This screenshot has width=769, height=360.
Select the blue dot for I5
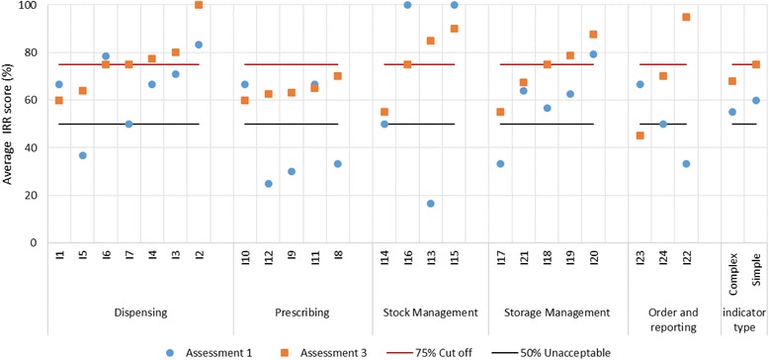coord(83,155)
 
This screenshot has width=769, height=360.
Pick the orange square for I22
coord(685,17)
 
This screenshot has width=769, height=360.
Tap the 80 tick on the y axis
coord(37,52)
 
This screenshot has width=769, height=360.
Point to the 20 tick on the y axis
coord(37,195)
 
